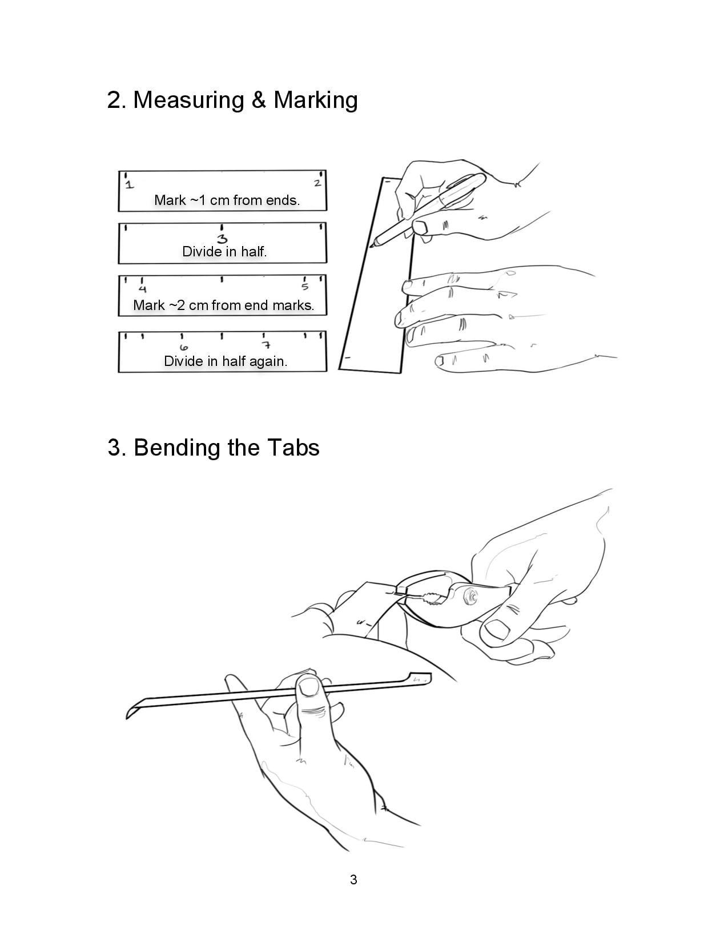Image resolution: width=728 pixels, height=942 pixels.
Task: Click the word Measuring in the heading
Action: coord(188,100)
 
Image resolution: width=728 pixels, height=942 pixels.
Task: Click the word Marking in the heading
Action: coord(315,100)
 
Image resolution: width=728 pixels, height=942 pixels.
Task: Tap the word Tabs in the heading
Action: coord(293,448)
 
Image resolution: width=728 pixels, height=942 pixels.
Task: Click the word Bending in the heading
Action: coord(177,448)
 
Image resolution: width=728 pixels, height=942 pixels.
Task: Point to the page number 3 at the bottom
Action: coord(353,880)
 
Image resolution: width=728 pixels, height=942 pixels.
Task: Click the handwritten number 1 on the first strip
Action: coord(129,185)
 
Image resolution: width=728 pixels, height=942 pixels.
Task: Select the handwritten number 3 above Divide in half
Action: coord(222,239)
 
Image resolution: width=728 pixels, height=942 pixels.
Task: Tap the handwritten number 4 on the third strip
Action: coord(143,289)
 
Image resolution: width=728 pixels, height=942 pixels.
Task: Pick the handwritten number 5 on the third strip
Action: coord(305,287)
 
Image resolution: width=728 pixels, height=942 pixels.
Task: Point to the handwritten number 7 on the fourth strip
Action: coord(267,345)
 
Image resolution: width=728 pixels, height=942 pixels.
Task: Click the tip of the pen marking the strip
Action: coord(371,247)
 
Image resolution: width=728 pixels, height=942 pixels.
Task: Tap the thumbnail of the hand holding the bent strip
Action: coord(309,686)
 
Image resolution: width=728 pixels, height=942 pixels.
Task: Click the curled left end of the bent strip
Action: coord(132,708)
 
